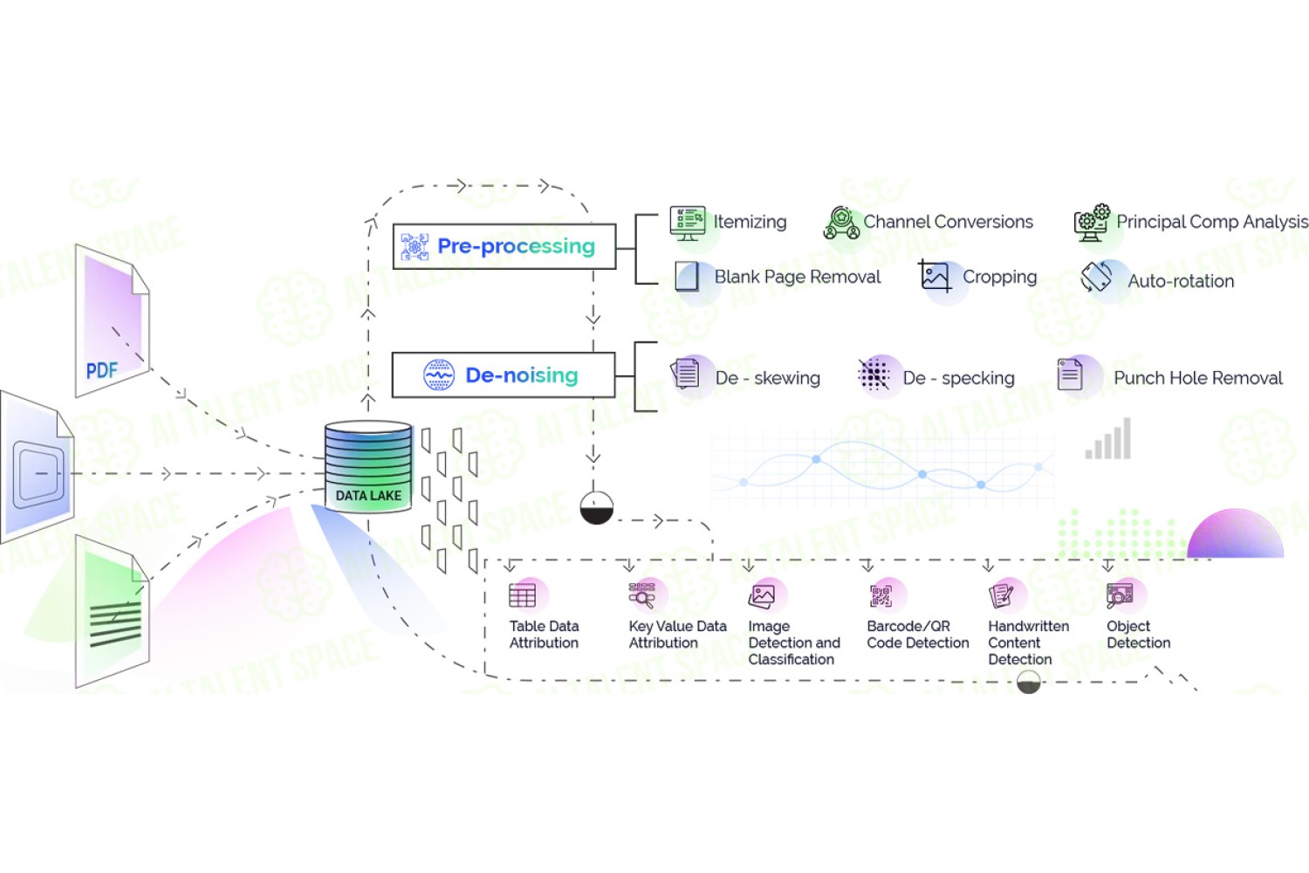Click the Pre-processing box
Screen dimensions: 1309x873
[504, 246]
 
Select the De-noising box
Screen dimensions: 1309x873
[504, 375]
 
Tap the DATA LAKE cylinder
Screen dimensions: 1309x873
[368, 466]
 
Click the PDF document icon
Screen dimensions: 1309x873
[113, 320]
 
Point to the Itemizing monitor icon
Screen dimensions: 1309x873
[688, 223]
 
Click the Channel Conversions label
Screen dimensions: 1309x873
[948, 222]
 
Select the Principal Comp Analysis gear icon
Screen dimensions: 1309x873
[1092, 223]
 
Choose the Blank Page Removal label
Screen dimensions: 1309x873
[797, 277]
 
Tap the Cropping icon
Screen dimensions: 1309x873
[935, 276]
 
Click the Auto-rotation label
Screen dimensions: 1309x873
[1181, 281]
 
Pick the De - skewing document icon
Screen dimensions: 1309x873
[686, 374]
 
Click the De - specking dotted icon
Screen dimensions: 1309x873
[874, 375]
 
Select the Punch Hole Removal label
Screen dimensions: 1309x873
[1198, 378]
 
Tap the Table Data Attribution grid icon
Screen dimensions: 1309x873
[523, 596]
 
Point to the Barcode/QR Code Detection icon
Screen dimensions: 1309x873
[881, 596]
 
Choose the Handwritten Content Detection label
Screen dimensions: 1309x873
[1029, 643]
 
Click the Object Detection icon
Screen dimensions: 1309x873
[1120, 596]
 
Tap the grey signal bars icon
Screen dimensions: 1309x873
[1108, 438]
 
